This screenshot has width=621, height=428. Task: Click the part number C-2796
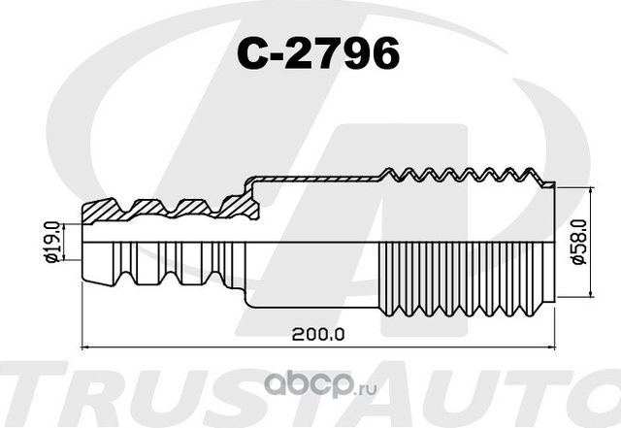pyautogui.click(x=318, y=55)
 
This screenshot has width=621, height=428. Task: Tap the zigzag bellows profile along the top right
pyautogui.click(x=466, y=176)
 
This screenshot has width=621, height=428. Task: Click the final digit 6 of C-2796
pyautogui.click(x=384, y=55)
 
